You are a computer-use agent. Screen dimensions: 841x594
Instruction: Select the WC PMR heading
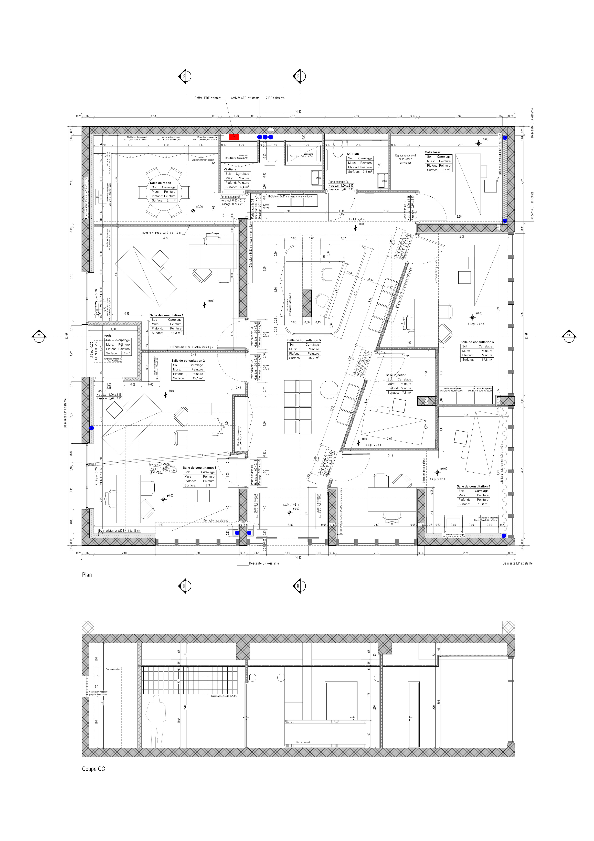pyautogui.click(x=353, y=154)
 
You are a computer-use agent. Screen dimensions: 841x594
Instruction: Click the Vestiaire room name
pyautogui.click(x=230, y=169)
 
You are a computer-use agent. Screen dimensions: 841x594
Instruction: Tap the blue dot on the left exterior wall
pyautogui.click(x=92, y=428)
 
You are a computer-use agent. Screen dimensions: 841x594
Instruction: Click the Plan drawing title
pyautogui.click(x=87, y=575)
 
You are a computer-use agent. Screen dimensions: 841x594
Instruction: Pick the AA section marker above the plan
pyautogui.click(x=184, y=77)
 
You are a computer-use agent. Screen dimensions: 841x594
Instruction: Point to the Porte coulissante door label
pyautogui.click(x=160, y=464)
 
